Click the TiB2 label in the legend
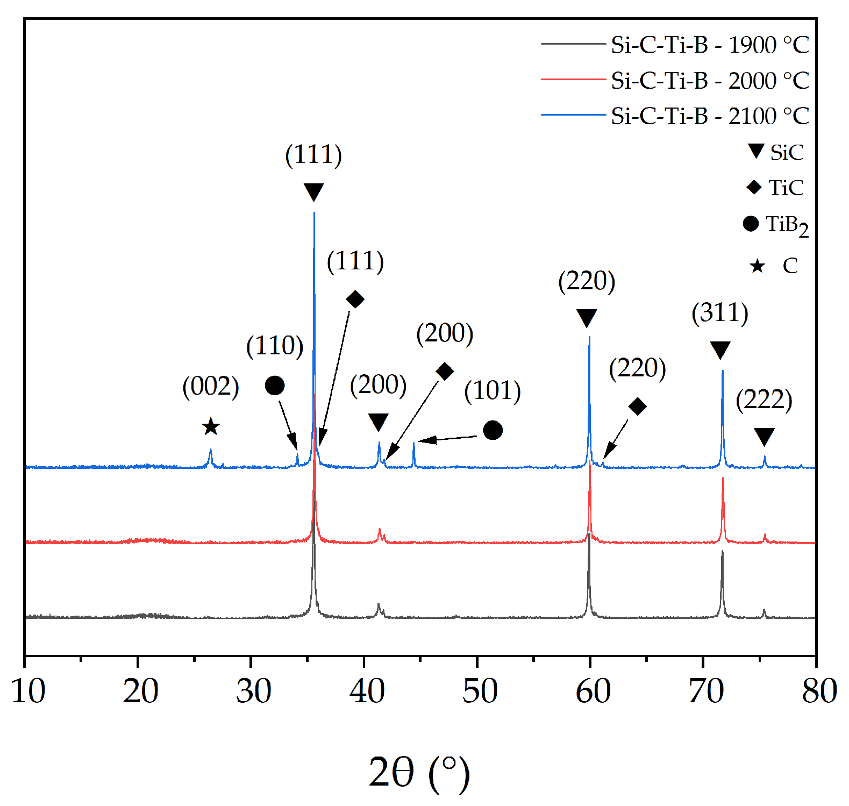[786, 225]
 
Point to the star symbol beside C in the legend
[757, 266]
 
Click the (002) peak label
[211, 386]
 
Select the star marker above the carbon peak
[211, 427]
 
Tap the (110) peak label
[275, 346]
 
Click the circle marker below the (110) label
[275, 386]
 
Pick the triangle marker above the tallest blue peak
[313, 191]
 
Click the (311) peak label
[720, 313]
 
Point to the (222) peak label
[764, 400]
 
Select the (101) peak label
[493, 391]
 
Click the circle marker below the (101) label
[493, 430]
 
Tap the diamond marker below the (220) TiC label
[637, 406]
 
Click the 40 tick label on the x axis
[367, 691]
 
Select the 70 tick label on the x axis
[706, 691]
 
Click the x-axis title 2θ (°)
[419, 773]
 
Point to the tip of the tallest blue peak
[314, 213]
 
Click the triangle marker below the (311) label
[720, 350]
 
